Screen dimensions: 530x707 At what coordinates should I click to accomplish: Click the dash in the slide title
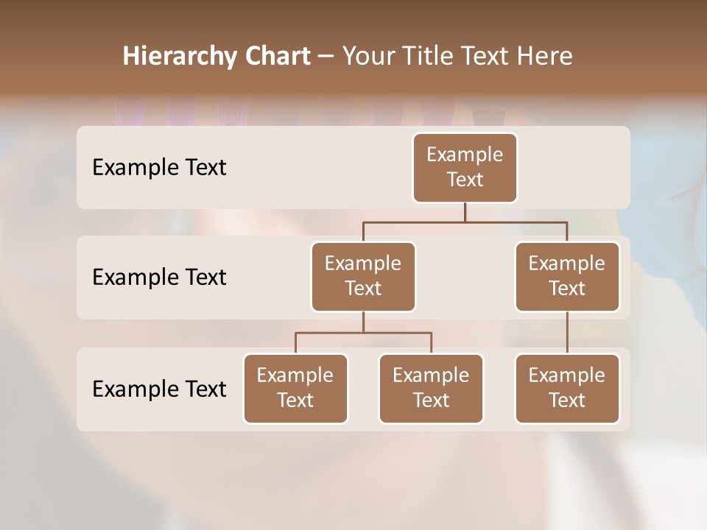pyautogui.click(x=326, y=57)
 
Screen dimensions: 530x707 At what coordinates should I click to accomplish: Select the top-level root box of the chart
pyautogui.click(x=465, y=168)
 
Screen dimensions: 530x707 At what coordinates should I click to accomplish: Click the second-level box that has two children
pyautogui.click(x=363, y=277)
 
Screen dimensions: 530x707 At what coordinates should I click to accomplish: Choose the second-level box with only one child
pyautogui.click(x=567, y=277)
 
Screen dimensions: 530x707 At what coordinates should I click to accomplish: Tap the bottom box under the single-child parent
pyautogui.click(x=567, y=389)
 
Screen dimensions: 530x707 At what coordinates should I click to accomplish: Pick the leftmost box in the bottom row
pyautogui.click(x=295, y=389)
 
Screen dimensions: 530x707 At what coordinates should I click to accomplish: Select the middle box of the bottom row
pyautogui.click(x=431, y=389)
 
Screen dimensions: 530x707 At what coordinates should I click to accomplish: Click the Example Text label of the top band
pyautogui.click(x=159, y=168)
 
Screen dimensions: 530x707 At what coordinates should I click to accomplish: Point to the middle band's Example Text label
pyautogui.click(x=159, y=278)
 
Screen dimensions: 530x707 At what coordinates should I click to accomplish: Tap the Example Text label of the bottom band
pyautogui.click(x=159, y=389)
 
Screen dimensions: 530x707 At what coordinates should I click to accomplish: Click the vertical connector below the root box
pyautogui.click(x=465, y=212)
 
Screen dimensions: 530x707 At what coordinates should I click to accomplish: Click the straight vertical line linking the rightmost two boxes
pyautogui.click(x=567, y=333)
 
